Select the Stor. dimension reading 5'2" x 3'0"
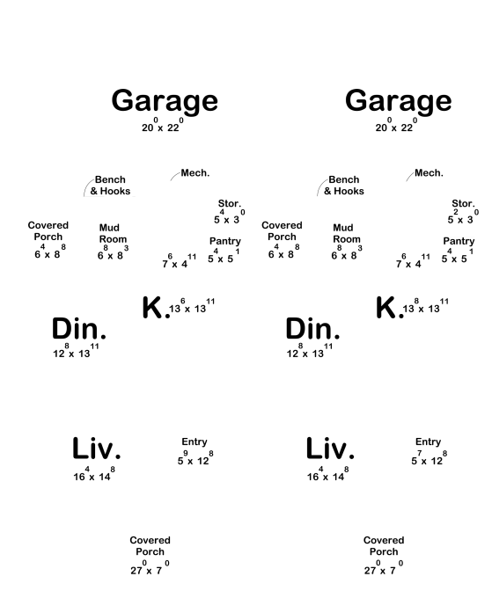tap(463, 216)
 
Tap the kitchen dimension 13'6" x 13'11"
tap(192, 306)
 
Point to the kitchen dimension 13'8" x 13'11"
tap(426, 306)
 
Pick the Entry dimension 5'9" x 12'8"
tap(195, 458)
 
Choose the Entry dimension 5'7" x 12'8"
tap(429, 458)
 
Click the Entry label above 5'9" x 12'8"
tap(195, 441)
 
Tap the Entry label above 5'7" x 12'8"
tap(428, 441)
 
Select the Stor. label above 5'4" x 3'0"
tap(230, 203)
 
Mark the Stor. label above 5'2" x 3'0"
tap(463, 203)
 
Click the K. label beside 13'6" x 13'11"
tap(156, 308)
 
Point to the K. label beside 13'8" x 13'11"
tap(389, 308)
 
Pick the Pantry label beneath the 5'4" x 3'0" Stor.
tap(224, 241)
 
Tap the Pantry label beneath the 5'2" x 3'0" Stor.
tap(459, 241)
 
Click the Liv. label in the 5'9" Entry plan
tap(97, 449)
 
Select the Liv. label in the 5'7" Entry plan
tap(330, 449)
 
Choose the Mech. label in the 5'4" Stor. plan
tap(195, 172)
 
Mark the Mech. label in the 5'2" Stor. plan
tap(429, 172)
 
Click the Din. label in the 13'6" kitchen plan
tap(79, 328)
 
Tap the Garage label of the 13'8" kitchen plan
tap(399, 101)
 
